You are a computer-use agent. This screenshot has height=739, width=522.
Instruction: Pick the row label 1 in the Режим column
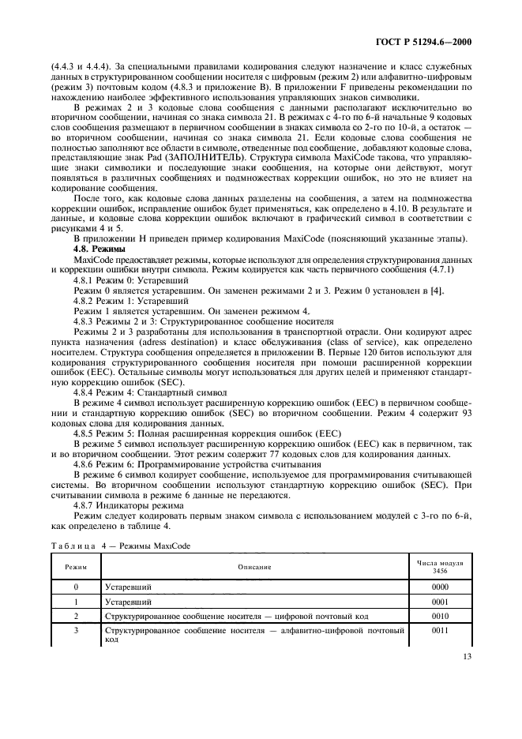(x=76, y=602)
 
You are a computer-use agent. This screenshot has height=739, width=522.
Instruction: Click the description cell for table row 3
(x=253, y=636)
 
